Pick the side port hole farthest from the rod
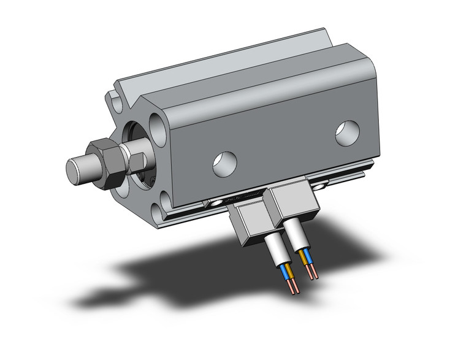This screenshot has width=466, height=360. coord(347,133)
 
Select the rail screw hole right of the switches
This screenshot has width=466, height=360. coord(321,182)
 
